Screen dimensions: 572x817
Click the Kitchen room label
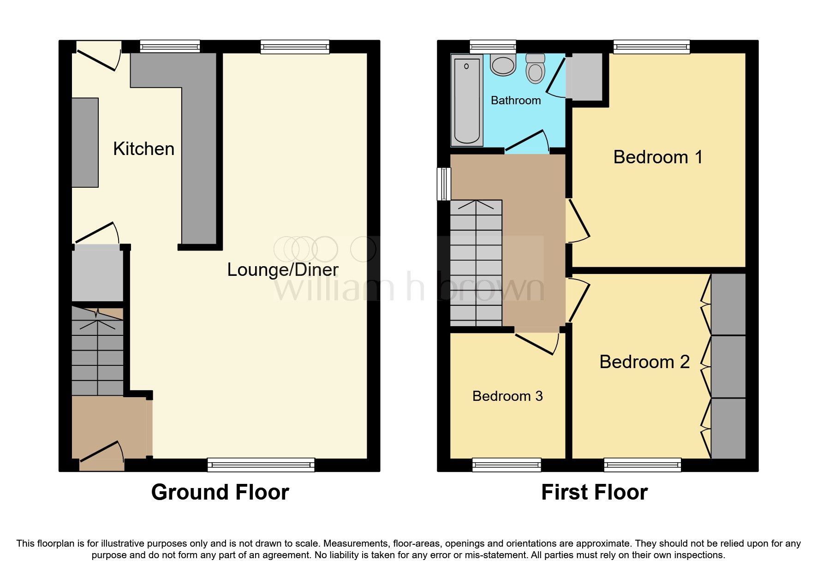click(143, 149)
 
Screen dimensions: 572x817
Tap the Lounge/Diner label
click(282, 270)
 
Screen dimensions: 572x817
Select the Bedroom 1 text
click(658, 157)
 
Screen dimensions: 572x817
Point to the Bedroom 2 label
click(644, 362)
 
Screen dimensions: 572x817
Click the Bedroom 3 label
click(507, 396)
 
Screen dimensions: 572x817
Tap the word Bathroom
click(515, 101)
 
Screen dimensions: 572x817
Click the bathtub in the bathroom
click(467, 99)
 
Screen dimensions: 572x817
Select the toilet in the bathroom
click(535, 69)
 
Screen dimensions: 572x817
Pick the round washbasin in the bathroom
click(503, 65)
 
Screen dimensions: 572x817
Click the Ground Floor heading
click(220, 492)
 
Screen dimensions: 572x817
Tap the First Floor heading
click(594, 492)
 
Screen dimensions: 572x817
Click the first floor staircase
click(476, 263)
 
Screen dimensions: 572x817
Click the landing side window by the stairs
click(443, 184)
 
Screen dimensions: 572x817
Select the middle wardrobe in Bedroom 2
click(728, 366)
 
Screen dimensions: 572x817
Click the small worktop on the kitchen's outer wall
click(85, 142)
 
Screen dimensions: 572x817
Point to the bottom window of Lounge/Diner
click(261, 465)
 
